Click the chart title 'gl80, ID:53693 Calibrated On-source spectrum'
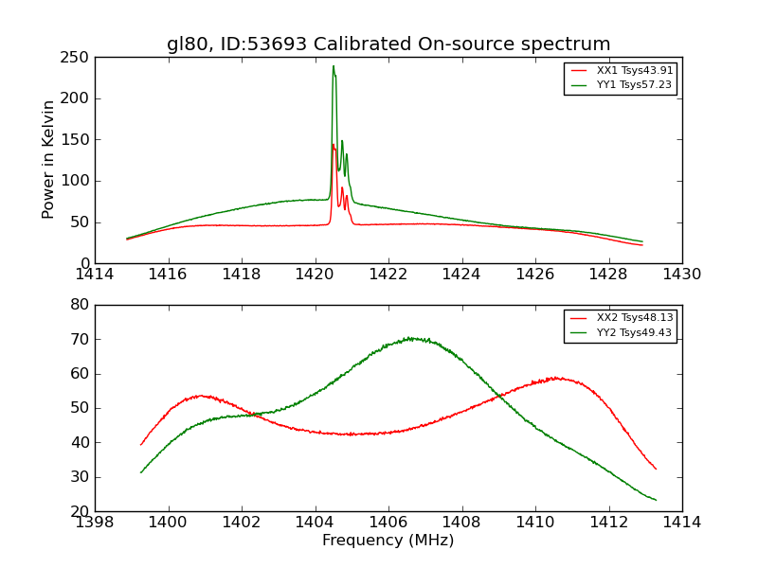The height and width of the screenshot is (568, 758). click(388, 44)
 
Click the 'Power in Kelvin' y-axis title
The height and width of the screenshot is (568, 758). click(48, 159)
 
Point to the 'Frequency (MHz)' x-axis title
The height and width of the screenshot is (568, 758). click(388, 541)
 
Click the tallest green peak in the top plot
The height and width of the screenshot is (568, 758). click(334, 66)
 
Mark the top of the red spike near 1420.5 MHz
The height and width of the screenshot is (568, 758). click(333, 145)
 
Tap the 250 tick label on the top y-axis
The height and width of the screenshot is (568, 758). click(78, 58)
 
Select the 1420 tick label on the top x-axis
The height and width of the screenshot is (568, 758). click(315, 275)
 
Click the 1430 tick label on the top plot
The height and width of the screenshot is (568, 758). click(682, 275)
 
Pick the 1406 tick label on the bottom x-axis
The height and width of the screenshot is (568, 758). click(388, 523)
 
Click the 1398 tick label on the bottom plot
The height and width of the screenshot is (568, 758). click(95, 523)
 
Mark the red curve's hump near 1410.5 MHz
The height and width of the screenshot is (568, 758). click(557, 378)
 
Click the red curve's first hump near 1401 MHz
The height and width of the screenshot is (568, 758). click(201, 396)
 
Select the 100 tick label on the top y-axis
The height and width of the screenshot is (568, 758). click(78, 181)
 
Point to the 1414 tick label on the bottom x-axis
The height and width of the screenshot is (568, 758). click(682, 523)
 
